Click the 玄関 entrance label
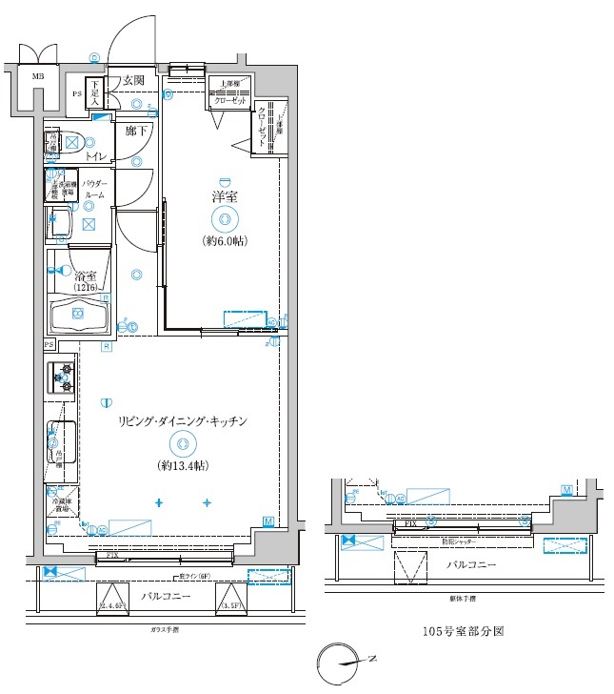[x=132, y=81]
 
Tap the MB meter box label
[x=38, y=76]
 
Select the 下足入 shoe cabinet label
[x=95, y=92]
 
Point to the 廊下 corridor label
[x=136, y=131]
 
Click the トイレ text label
[x=95, y=154]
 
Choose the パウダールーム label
[x=94, y=188]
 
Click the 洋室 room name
[x=224, y=196]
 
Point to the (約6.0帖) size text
[x=224, y=241]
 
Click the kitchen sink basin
[x=62, y=440]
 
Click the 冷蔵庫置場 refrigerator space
[x=61, y=504]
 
